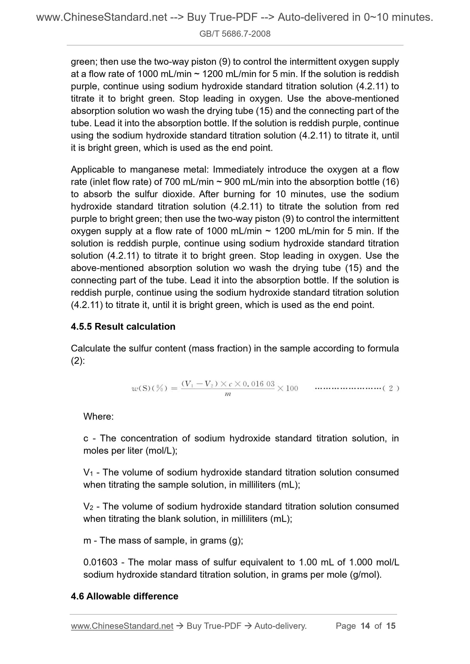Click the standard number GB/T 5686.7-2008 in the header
(235, 34)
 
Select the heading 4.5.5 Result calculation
(123, 326)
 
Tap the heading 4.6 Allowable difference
(125, 596)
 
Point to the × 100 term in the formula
(288, 389)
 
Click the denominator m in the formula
(228, 394)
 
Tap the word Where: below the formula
(99, 416)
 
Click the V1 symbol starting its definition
(88, 472)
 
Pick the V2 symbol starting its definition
(88, 506)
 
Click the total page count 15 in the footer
(391, 626)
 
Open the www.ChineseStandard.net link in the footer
(122, 626)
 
